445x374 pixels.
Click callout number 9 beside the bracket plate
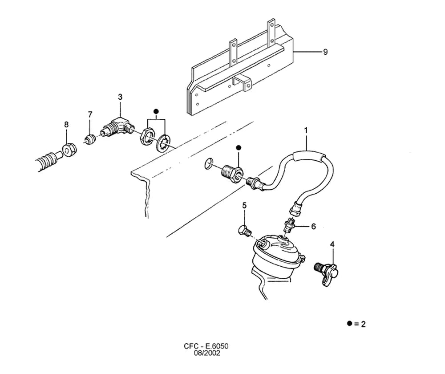click(325, 52)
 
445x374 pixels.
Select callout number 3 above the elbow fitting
click(120, 97)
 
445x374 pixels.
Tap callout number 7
click(90, 114)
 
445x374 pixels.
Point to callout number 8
click(66, 124)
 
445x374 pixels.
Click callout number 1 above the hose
click(306, 130)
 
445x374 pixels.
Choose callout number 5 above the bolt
click(244, 205)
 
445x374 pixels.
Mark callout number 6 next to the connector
click(313, 226)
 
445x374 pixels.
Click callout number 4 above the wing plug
click(332, 244)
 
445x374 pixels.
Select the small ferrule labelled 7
click(90, 140)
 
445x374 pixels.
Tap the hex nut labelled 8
click(69, 150)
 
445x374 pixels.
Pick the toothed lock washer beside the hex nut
click(163, 143)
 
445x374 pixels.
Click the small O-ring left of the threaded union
click(208, 164)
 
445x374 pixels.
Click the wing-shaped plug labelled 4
click(327, 272)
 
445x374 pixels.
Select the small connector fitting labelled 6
click(290, 225)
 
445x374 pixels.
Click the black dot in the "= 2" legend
click(350, 323)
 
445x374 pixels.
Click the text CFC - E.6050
click(206, 346)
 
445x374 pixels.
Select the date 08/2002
click(207, 353)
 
